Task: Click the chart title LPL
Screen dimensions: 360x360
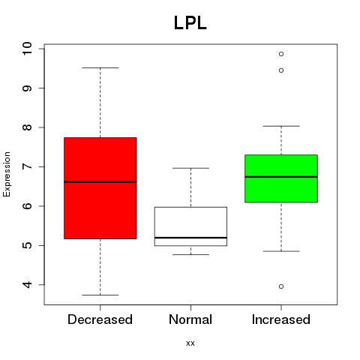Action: click(190, 23)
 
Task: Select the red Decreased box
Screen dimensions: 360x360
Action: click(100, 188)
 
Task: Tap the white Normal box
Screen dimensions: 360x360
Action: click(190, 226)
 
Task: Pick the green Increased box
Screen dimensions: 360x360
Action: click(281, 178)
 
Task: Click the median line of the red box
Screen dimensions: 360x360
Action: click(100, 182)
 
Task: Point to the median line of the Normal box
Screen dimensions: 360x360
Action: click(190, 238)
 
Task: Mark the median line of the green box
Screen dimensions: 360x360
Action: click(281, 177)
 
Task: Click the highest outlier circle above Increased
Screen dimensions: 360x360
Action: click(281, 54)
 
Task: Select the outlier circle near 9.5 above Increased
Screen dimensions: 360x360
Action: click(281, 70)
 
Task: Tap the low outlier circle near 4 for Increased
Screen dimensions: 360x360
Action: click(281, 286)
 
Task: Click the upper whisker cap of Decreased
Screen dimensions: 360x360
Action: click(100, 67)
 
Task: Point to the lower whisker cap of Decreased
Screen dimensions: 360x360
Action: click(100, 295)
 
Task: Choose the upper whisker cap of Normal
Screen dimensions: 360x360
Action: click(190, 168)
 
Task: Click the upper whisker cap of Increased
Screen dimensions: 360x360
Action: click(281, 126)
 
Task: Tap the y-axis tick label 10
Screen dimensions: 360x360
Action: click(27, 49)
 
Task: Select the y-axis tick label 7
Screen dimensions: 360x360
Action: click(27, 166)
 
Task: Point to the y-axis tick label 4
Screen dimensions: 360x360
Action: click(27, 284)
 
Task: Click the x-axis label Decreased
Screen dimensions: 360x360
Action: click(100, 319)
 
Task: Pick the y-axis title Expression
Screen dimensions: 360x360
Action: click(7, 174)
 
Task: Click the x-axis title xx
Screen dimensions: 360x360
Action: click(190, 343)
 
